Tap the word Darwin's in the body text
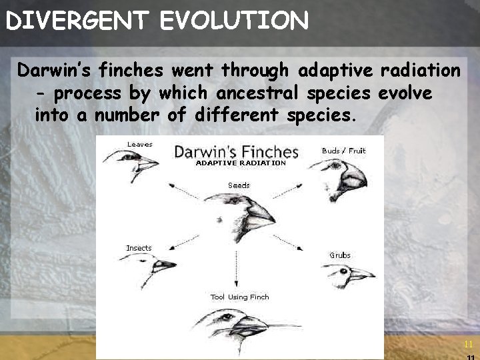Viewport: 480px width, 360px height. [54, 70]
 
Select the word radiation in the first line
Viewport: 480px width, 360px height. [419, 70]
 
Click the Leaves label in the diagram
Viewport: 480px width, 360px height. [139, 144]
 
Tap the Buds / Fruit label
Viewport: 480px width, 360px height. [343, 151]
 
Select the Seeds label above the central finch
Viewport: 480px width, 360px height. [239, 185]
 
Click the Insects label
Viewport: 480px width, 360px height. [139, 248]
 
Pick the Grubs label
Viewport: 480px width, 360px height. [339, 255]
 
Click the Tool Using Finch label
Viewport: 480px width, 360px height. [239, 297]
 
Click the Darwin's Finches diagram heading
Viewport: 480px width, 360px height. [236, 151]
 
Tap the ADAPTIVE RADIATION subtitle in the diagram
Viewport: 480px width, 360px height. [240, 163]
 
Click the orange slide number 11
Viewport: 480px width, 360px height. [468, 344]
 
